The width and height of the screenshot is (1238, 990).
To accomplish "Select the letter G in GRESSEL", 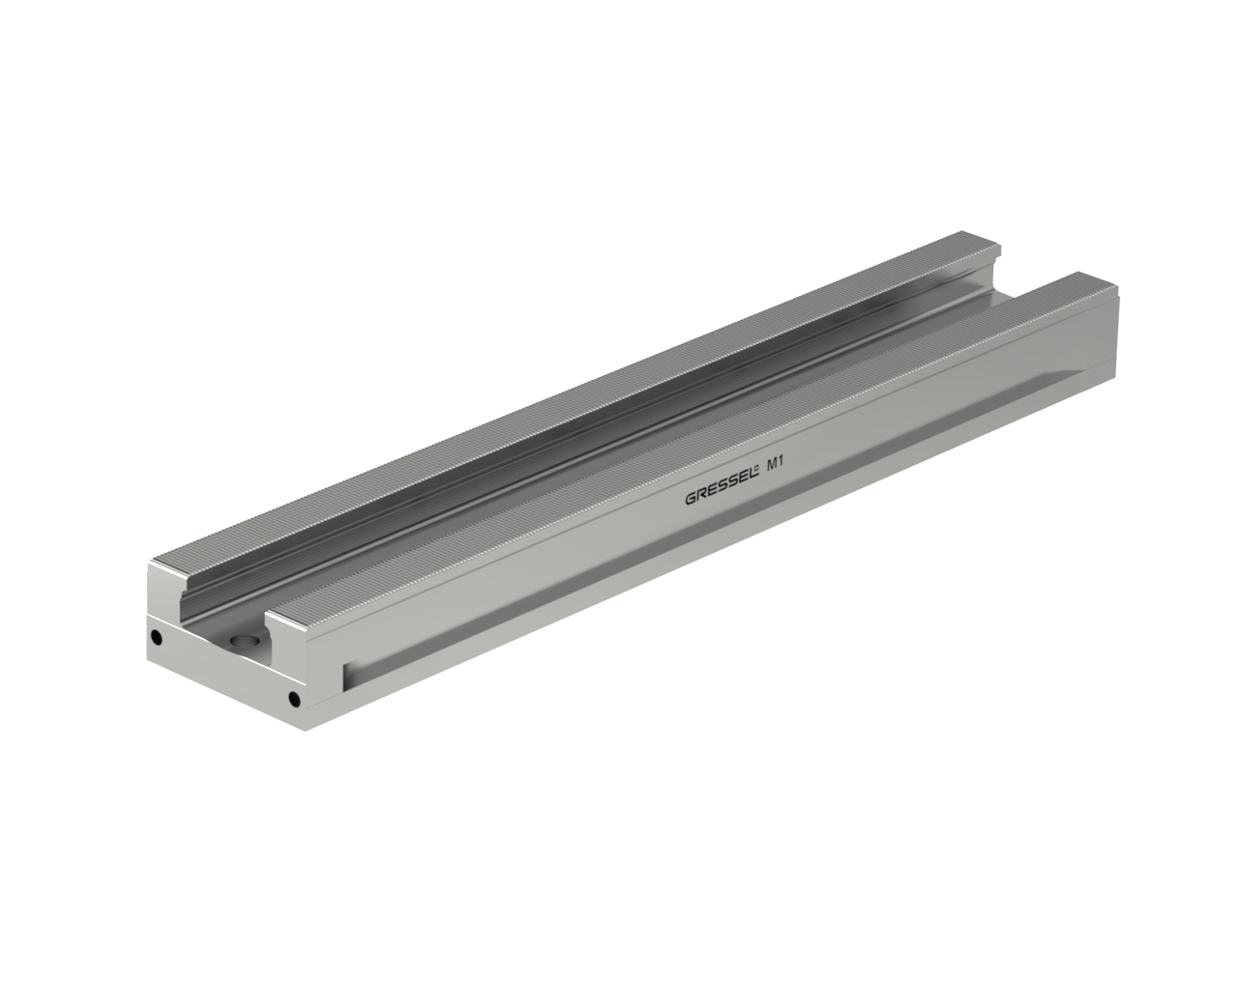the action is [x=691, y=499].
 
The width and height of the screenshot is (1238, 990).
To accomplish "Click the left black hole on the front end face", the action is [x=156, y=637].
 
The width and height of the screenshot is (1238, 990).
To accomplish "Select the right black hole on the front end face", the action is [x=294, y=700].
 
